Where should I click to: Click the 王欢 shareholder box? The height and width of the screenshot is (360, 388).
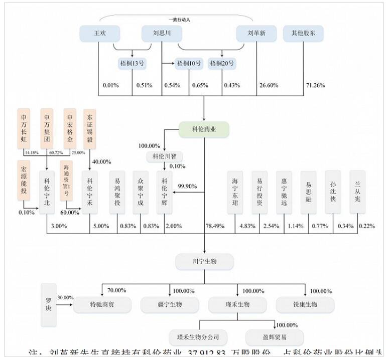(100, 34)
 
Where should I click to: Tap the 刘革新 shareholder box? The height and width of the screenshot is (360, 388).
(256, 34)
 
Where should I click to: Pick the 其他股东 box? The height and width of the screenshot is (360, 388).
(303, 34)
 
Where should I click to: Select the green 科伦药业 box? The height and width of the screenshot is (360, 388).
(204, 129)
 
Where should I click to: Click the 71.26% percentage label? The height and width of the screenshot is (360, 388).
(315, 85)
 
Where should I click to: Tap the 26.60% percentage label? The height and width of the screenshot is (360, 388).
(268, 85)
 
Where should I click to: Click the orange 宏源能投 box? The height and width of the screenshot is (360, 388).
(24, 178)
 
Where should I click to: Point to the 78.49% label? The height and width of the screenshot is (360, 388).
(215, 226)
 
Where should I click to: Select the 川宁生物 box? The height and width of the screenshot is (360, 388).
(204, 261)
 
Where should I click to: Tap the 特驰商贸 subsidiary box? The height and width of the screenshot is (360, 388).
(102, 304)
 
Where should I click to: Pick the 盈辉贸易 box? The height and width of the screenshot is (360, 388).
(274, 337)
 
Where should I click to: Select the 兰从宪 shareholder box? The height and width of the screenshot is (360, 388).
(357, 193)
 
